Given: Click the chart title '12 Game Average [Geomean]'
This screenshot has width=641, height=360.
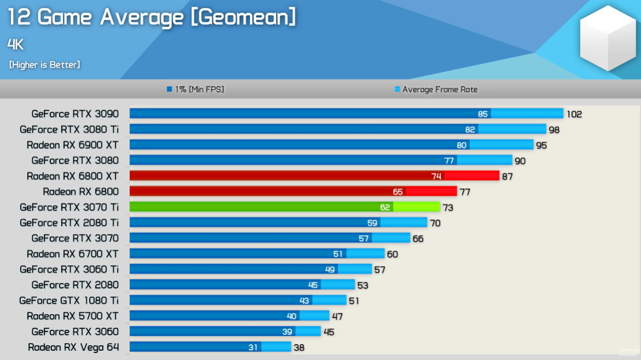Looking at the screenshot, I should point(152,18).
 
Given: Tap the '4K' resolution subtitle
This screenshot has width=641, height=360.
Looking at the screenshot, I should point(16,44).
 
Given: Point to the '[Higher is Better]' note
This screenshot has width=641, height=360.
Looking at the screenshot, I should point(44,65).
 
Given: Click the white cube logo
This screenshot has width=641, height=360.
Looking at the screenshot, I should point(608,38).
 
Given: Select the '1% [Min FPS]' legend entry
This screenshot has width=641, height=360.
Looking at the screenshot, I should point(195,89).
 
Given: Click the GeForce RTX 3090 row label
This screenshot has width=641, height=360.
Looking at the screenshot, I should point(75,114).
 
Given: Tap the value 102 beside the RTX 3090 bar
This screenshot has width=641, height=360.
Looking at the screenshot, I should point(574,114).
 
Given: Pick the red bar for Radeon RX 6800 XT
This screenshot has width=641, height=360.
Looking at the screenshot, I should point(314,176).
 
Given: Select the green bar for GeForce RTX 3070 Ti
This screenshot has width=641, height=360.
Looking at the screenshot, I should point(285,207).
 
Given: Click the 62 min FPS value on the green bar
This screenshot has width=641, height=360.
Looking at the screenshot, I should point(385,207).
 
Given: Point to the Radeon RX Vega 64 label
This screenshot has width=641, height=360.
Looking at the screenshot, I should point(73,347).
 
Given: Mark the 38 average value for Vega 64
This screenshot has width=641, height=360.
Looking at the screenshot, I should point(299,347).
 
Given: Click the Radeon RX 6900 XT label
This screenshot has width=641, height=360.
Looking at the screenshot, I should point(72,145).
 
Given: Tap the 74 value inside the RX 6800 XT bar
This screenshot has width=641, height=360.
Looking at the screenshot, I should point(436,176).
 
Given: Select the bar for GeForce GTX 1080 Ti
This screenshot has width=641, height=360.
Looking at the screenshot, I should point(238,300).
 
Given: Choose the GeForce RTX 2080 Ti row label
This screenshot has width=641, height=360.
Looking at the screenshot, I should point(69,223).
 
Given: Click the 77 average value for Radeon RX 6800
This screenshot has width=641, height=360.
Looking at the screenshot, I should point(465,192).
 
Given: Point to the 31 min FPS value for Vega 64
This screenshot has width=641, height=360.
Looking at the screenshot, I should point(252,347).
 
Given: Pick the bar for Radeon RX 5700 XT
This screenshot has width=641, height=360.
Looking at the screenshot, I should point(229,316).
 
